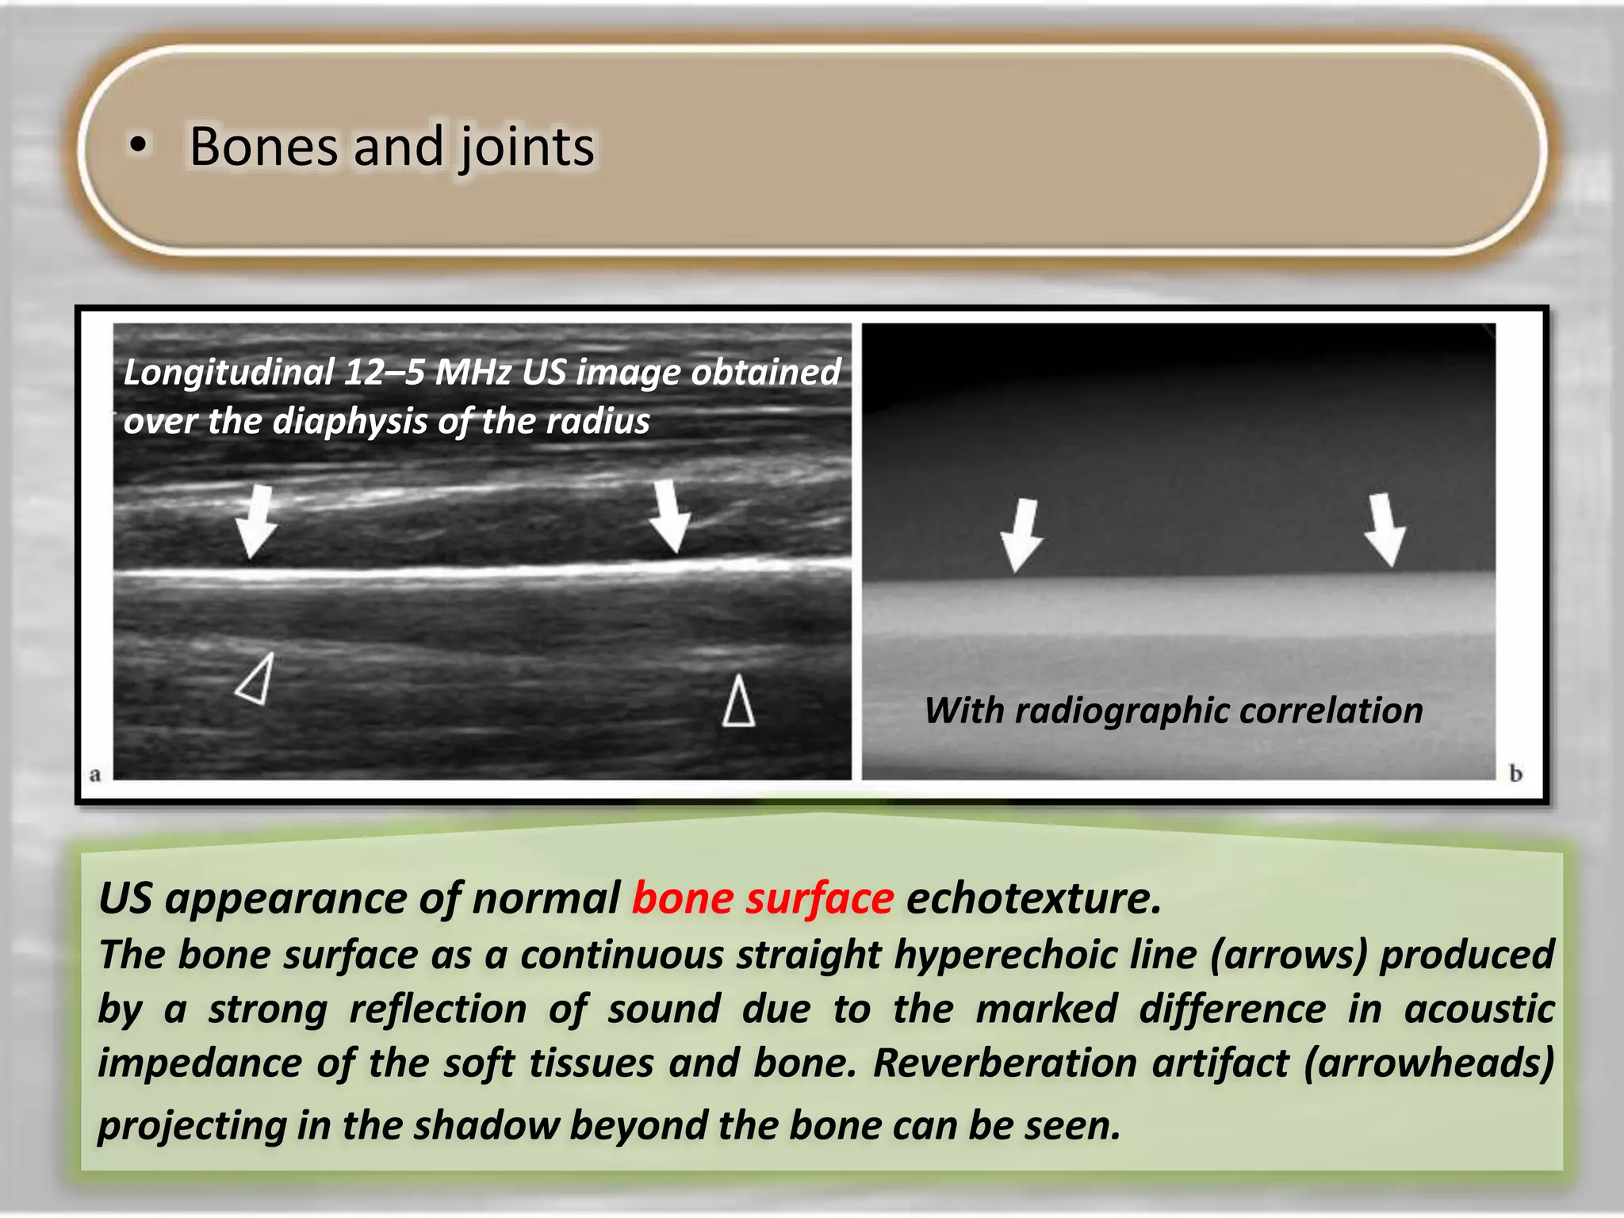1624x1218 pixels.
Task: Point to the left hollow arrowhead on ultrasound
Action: click(257, 680)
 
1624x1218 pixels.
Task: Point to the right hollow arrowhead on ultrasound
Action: click(738, 701)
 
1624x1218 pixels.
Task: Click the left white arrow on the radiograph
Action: click(1022, 534)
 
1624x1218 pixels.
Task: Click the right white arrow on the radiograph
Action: click(1385, 529)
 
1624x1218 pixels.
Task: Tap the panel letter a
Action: click(95, 775)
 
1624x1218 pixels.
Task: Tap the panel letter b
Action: click(1515, 773)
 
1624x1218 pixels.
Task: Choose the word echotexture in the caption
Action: click(1033, 898)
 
